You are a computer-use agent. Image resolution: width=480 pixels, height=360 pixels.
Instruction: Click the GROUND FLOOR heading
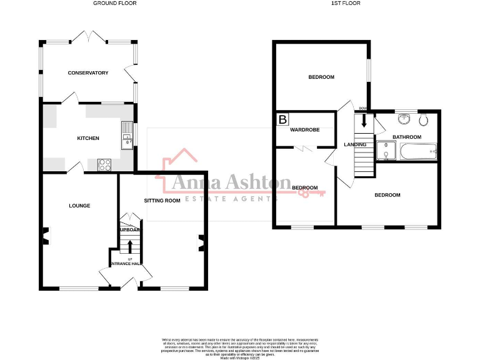[x=115, y=3]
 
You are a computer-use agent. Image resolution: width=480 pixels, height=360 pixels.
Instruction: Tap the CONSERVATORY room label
[x=88, y=73]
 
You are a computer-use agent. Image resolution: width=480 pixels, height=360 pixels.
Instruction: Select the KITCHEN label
[x=88, y=138]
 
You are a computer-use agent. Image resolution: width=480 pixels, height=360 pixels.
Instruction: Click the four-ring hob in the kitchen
[x=104, y=165]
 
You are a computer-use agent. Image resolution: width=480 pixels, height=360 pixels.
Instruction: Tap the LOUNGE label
[x=79, y=206]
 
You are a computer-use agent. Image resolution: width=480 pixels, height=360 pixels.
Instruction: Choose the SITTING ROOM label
[x=162, y=201]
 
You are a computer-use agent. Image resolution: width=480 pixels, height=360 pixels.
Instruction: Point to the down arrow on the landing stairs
[x=363, y=121]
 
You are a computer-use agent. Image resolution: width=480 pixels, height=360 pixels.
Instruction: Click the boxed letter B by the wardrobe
[x=283, y=119]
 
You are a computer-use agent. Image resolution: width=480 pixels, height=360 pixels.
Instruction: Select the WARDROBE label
[x=304, y=130]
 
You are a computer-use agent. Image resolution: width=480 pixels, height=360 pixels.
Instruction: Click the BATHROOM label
[x=406, y=137]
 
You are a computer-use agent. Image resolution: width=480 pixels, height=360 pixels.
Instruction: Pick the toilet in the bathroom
[x=423, y=119]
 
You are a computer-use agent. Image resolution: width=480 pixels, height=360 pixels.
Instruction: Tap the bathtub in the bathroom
[x=418, y=151]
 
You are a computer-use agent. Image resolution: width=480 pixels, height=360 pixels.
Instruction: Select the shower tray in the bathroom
[x=386, y=151]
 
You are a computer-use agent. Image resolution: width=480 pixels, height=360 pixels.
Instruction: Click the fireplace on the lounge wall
[x=44, y=236]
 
